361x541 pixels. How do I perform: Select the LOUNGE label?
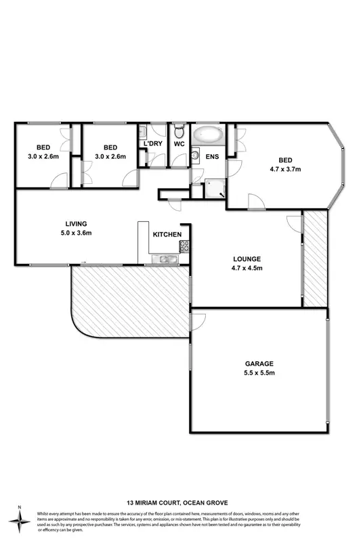247,259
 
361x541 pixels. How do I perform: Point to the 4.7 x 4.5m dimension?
247,268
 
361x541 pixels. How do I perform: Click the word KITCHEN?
167,235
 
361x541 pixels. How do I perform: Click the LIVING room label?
77,223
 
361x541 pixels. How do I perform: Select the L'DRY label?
151,143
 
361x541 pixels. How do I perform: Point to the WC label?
179,143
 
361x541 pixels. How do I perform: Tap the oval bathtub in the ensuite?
208,135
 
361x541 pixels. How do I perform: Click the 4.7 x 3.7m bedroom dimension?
285,169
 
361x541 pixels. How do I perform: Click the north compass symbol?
20,518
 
